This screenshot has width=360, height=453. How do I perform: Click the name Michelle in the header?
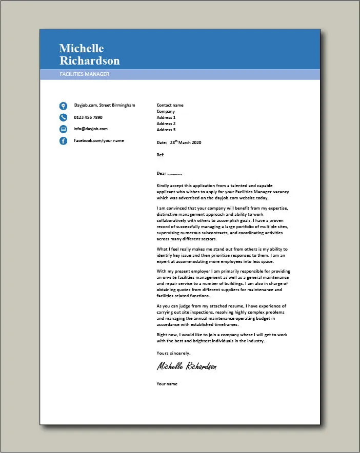pyautogui.click(x=82, y=48)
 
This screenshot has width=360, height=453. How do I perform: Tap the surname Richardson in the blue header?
pyautogui.click(x=89, y=60)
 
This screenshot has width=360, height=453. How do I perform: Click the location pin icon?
pyautogui.click(x=63, y=106)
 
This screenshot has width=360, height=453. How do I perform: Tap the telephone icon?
pyautogui.click(x=63, y=117)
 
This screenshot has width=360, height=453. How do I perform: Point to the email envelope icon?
pyautogui.click(x=63, y=129)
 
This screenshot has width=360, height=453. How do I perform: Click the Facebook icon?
pyautogui.click(x=63, y=141)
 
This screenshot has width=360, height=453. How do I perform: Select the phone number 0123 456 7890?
pyautogui.click(x=88, y=117)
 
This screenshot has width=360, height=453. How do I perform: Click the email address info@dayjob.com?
pyautogui.click(x=91, y=129)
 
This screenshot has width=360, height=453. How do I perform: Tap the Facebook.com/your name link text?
pyautogui.click(x=98, y=140)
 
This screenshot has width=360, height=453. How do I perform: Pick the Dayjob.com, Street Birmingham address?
pyautogui.click(x=105, y=105)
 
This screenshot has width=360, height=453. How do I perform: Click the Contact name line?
pyautogui.click(x=170, y=105)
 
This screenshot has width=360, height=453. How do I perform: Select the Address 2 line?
pyautogui.click(x=166, y=123)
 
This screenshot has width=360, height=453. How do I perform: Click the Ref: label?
pyautogui.click(x=161, y=154)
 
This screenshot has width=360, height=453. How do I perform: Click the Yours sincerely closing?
pyautogui.click(x=173, y=353)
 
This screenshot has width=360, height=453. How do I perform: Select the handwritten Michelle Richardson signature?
pyautogui.click(x=187, y=366)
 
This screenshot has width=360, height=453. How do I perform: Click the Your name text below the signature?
pyautogui.click(x=167, y=384)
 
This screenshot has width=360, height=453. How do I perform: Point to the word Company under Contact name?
pyautogui.click(x=166, y=111)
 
